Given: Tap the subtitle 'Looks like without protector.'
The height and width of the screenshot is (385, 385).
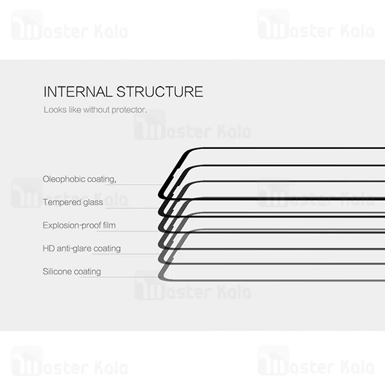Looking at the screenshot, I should (x=95, y=110).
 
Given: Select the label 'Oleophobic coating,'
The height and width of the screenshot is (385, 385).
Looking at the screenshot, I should (x=80, y=179).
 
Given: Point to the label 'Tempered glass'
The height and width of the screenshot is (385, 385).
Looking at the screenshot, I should (x=73, y=202).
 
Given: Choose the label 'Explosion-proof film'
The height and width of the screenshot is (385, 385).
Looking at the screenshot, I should (x=79, y=225).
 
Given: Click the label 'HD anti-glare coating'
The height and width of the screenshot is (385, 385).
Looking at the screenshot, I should (x=81, y=248).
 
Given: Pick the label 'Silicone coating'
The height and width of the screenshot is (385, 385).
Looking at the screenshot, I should (x=72, y=271).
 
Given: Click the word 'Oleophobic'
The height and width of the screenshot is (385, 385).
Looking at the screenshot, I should (x=62, y=179).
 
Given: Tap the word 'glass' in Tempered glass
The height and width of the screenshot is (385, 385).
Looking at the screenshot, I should (x=92, y=202).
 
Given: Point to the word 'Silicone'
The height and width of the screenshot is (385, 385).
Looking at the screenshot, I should (x=57, y=271).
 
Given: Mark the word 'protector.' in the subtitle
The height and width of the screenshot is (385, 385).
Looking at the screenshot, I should (x=130, y=110).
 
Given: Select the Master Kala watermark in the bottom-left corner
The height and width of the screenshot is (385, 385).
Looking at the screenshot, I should (x=69, y=363).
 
